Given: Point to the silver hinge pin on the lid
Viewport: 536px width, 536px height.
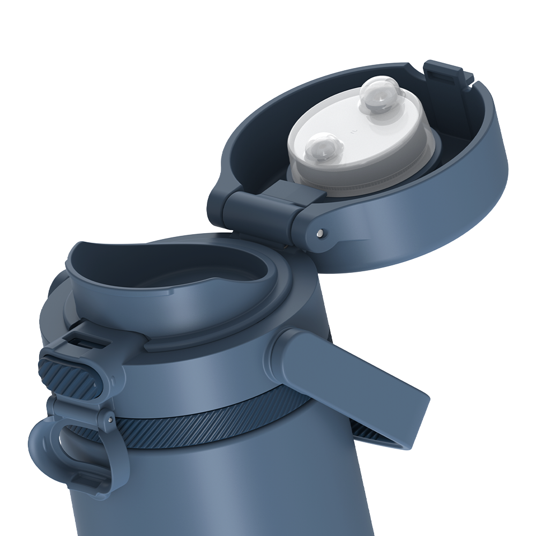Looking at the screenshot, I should click(319, 233).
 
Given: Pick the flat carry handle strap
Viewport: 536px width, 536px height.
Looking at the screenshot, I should click(370, 386).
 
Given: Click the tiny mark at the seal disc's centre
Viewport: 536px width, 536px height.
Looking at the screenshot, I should click(353, 130).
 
